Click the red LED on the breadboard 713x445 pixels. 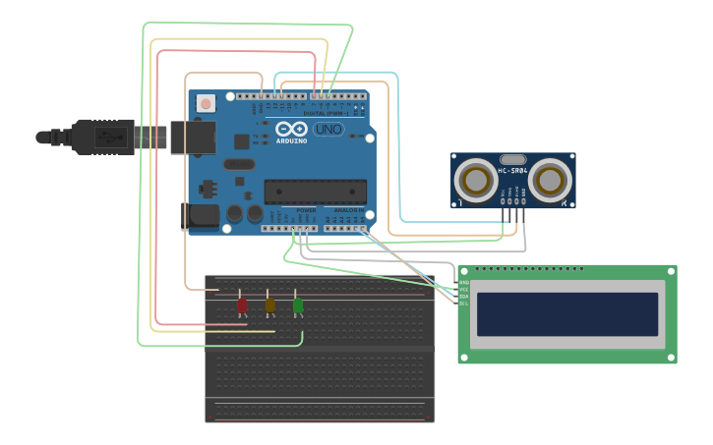[x=242, y=306]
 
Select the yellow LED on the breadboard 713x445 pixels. [x=269, y=306]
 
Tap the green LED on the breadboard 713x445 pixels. [x=297, y=306]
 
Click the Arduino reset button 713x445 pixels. [x=206, y=102]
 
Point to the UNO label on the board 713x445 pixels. [x=328, y=129]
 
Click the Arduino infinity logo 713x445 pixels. [x=291, y=129]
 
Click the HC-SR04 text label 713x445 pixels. [x=513, y=171]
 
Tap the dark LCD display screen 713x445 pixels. [x=566, y=313]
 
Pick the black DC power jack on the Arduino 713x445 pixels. [x=201, y=216]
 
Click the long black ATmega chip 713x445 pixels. [x=315, y=192]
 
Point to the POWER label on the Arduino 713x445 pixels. [x=306, y=209]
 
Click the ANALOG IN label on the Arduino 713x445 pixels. [x=347, y=209]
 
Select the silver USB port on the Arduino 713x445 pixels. [x=191, y=137]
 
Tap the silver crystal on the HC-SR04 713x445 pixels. [x=513, y=159]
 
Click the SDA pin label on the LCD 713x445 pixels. [x=463, y=296]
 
